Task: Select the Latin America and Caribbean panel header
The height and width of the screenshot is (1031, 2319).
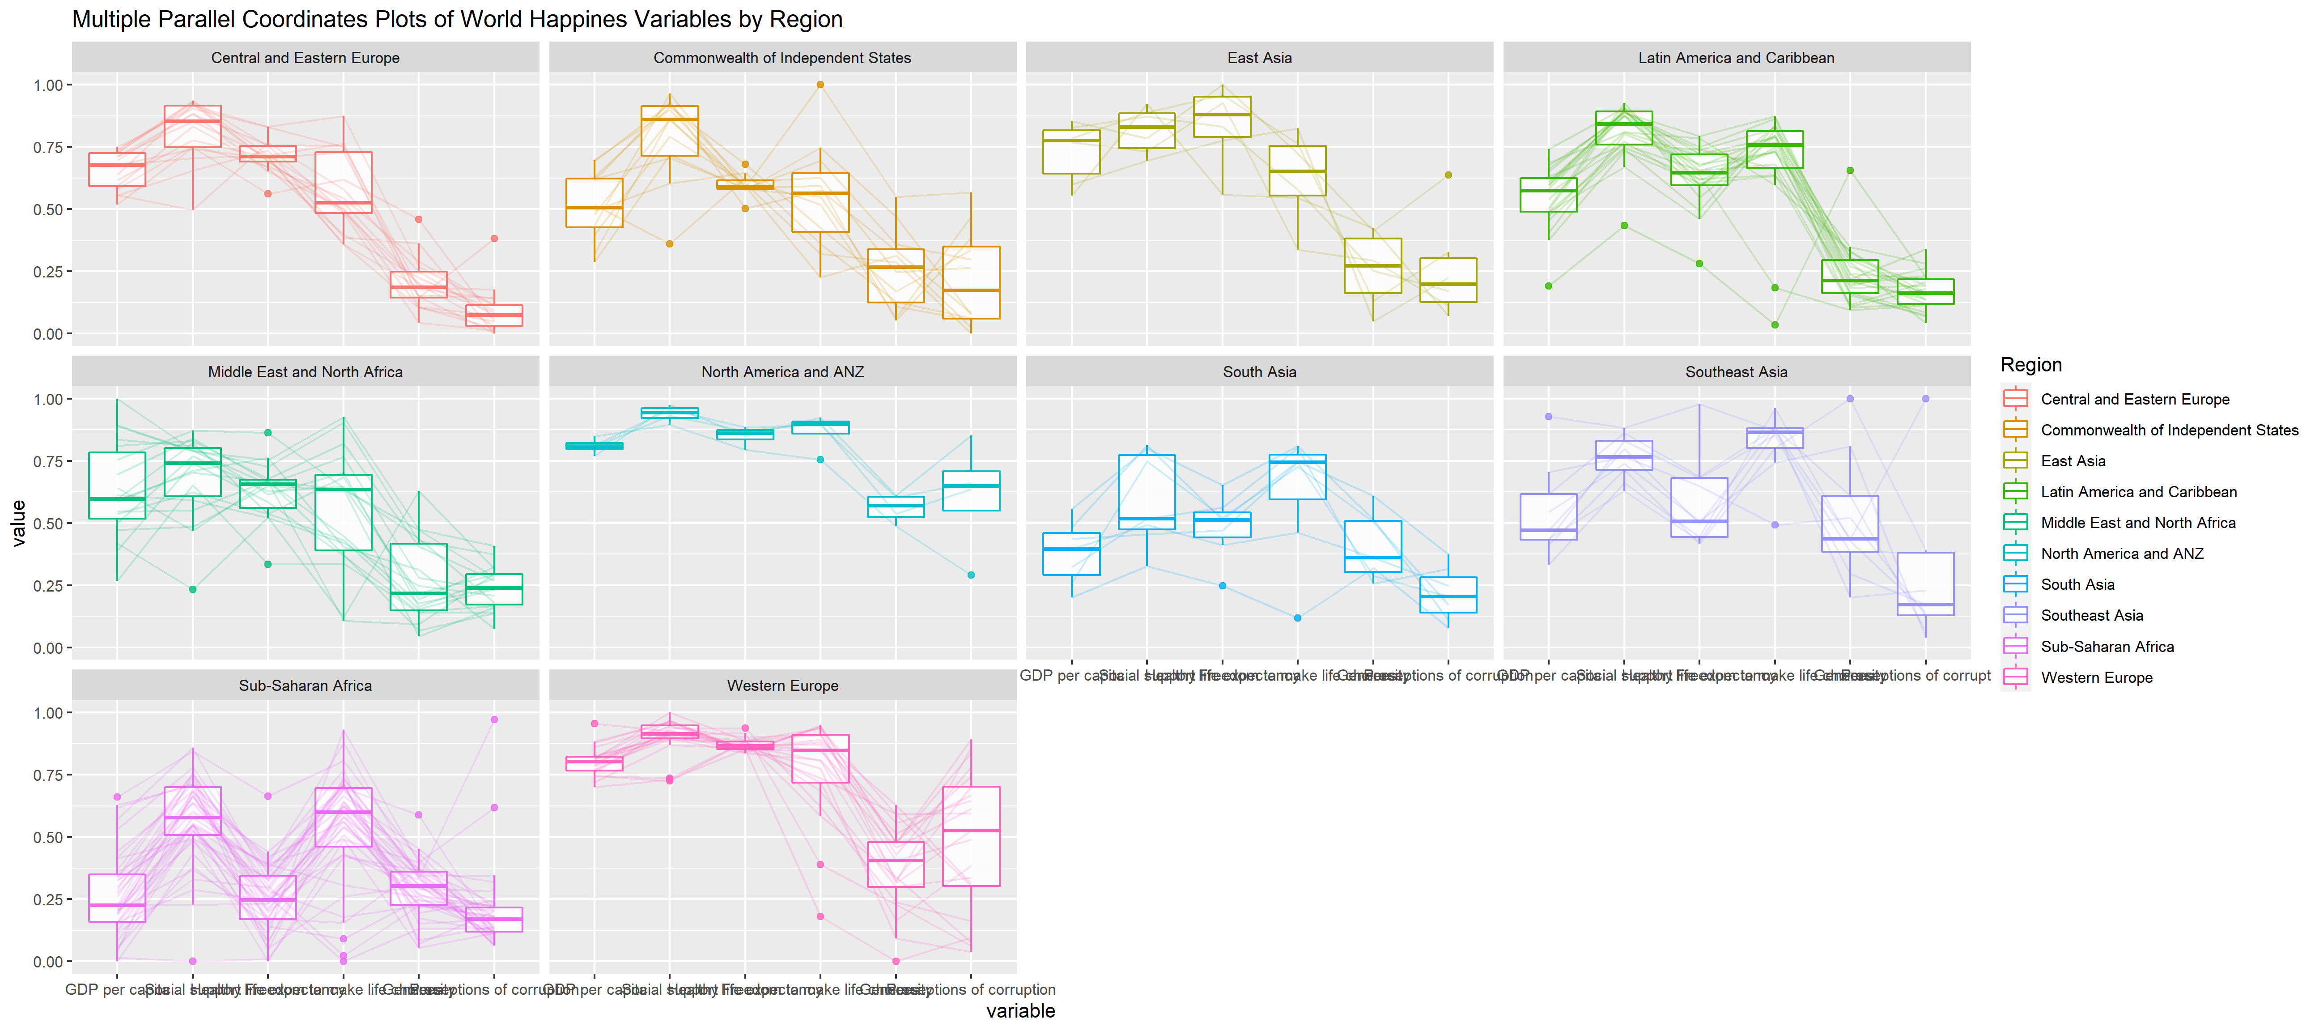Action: (1736, 58)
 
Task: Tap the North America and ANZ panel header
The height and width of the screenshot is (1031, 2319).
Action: (782, 372)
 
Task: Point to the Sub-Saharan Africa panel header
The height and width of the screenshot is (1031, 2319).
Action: (305, 685)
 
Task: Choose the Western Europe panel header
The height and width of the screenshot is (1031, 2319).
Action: (782, 685)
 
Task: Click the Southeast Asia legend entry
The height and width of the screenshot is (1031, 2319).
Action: (2091, 615)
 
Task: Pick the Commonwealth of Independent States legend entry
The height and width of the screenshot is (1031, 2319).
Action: (2169, 430)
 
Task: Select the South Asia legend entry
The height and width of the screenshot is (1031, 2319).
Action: (2077, 584)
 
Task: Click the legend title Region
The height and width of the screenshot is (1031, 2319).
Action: (2031, 365)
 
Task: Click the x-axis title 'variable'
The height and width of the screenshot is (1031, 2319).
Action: (1020, 1011)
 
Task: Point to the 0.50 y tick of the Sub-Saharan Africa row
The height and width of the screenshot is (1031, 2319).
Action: (48, 837)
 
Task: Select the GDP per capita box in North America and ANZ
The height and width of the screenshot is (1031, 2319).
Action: (594, 446)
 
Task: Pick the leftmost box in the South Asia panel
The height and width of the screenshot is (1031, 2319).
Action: (1071, 554)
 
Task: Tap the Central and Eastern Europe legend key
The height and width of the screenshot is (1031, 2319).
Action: (2016, 399)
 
